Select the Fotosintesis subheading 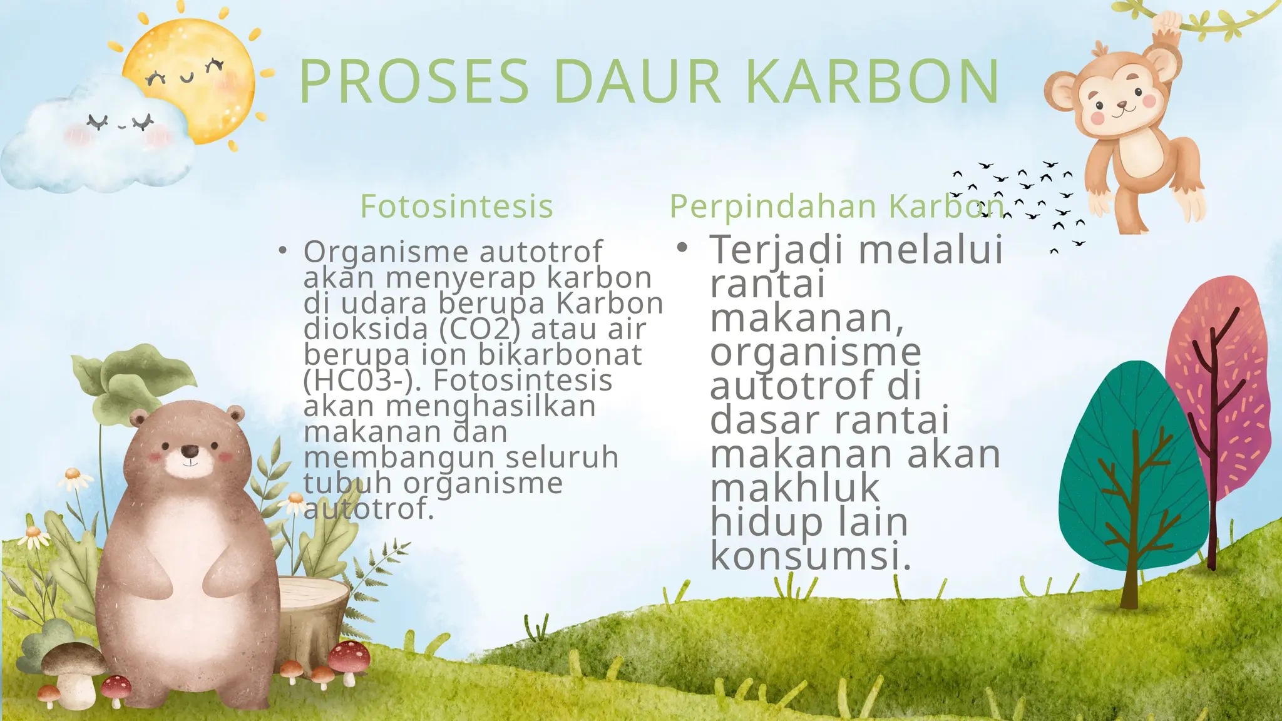(x=456, y=206)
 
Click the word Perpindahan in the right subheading (x=773, y=206)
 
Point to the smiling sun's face (x=188, y=78)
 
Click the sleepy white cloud (x=94, y=144)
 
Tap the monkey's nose (x=1122, y=105)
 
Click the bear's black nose (x=189, y=451)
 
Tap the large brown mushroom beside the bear (x=73, y=663)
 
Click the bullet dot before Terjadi (x=682, y=248)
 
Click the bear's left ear (x=139, y=418)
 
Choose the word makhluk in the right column (x=795, y=488)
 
